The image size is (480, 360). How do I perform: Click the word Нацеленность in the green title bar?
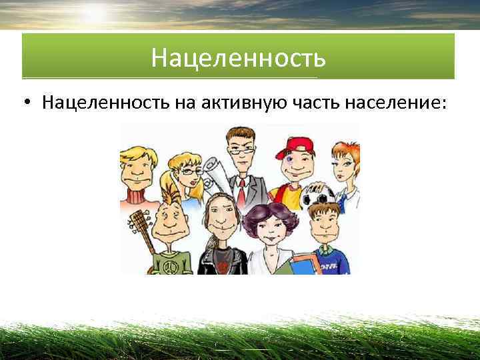tap(238, 58)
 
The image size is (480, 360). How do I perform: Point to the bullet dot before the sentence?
tap(25, 104)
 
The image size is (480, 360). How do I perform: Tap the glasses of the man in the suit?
tap(241, 151)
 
